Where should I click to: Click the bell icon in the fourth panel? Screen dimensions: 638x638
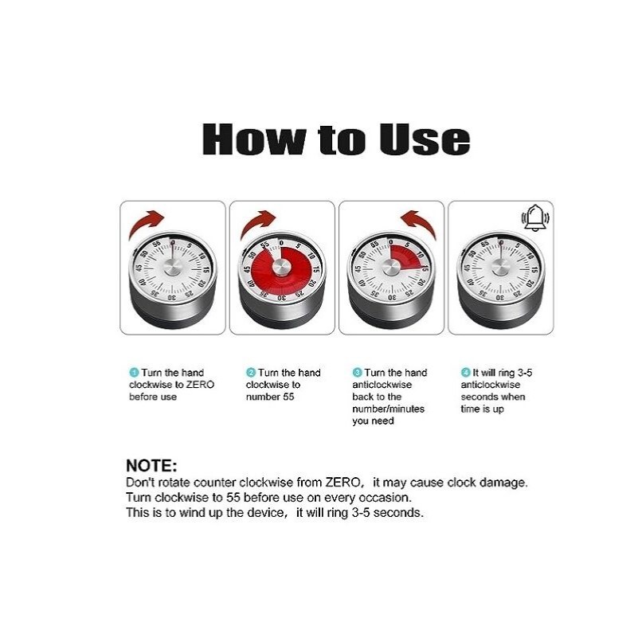tap(535, 217)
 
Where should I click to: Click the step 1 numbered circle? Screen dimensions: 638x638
tap(134, 372)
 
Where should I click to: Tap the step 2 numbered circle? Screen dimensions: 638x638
tap(251, 372)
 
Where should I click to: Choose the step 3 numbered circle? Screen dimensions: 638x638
tap(357, 372)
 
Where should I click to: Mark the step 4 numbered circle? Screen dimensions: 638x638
tap(465, 372)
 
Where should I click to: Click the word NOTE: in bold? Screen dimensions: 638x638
tap(151, 465)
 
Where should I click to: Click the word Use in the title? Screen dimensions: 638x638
tap(425, 139)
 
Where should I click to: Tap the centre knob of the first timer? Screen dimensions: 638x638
tap(174, 268)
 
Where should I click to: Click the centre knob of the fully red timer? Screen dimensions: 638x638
tap(282, 268)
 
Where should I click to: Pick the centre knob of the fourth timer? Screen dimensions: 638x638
tap(499, 268)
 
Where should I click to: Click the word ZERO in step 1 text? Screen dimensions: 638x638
tap(200, 385)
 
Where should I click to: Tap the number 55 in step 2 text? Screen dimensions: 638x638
tap(288, 397)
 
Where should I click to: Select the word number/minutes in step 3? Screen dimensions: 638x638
tap(388, 409)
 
